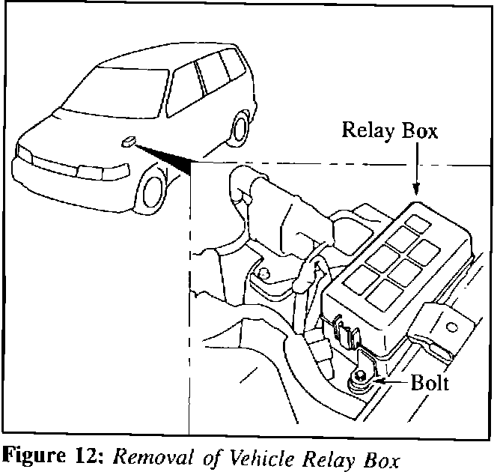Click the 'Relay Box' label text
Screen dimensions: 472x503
(x=389, y=131)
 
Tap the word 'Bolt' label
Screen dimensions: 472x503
(x=430, y=384)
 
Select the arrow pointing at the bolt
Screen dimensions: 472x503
(x=389, y=381)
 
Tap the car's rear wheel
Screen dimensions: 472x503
(x=241, y=127)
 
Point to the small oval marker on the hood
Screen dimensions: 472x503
(x=127, y=140)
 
